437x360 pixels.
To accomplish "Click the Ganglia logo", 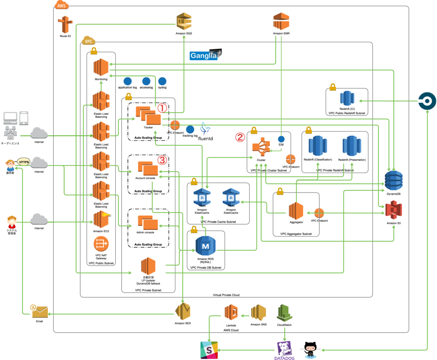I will (205, 55).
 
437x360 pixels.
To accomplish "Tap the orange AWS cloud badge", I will (61, 5).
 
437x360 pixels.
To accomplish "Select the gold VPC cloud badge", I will (88, 41).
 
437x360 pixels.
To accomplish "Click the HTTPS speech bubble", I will (23, 162).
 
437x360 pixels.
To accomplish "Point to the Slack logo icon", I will (209, 350).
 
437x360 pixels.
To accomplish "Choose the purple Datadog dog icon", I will (284, 349).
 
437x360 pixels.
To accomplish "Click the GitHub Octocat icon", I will (310, 351).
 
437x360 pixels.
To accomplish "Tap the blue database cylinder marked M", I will (206, 246).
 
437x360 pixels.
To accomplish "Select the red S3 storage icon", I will (393, 210).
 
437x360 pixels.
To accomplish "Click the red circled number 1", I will (162, 108).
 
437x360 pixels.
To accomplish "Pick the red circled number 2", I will (240, 137).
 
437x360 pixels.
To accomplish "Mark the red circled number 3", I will (162, 160).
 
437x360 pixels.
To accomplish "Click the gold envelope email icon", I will (40, 312).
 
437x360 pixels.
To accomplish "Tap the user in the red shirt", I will (12, 222).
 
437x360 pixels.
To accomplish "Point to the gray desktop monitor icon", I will (10, 117).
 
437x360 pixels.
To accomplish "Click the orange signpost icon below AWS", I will (64, 24).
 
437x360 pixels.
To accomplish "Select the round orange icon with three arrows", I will (101, 243).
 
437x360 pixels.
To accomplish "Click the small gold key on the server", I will (106, 214).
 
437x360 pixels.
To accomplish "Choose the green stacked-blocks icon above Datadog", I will (284, 313).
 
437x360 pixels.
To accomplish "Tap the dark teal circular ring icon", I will (427, 101).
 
